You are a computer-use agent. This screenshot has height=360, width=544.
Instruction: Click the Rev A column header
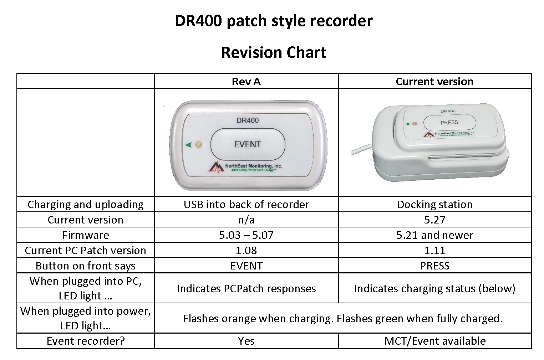point(246,82)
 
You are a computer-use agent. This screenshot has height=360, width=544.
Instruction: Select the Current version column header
point(434,82)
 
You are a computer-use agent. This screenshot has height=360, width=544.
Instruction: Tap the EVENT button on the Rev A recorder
point(248,144)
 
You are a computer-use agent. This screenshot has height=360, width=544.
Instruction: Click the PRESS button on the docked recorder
point(449,122)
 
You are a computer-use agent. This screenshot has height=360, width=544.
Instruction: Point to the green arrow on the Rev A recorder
point(188,145)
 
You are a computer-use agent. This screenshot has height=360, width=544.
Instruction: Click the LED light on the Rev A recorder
point(199,144)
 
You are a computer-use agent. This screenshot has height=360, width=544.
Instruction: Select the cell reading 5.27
point(434,220)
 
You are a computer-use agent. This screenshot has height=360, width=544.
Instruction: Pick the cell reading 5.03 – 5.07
point(246,235)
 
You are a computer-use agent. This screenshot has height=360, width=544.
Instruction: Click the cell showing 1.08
point(246,251)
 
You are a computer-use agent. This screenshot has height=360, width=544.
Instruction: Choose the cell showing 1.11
point(434,251)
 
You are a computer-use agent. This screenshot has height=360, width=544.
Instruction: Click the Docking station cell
point(434,205)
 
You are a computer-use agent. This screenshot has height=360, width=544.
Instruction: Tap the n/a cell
point(246,220)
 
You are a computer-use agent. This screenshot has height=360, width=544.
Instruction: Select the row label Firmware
point(86,235)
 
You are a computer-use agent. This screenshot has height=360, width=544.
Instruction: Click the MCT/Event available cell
point(434,341)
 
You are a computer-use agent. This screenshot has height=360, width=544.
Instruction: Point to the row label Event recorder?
point(86,341)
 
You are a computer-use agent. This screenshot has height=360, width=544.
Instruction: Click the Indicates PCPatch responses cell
point(246,288)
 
